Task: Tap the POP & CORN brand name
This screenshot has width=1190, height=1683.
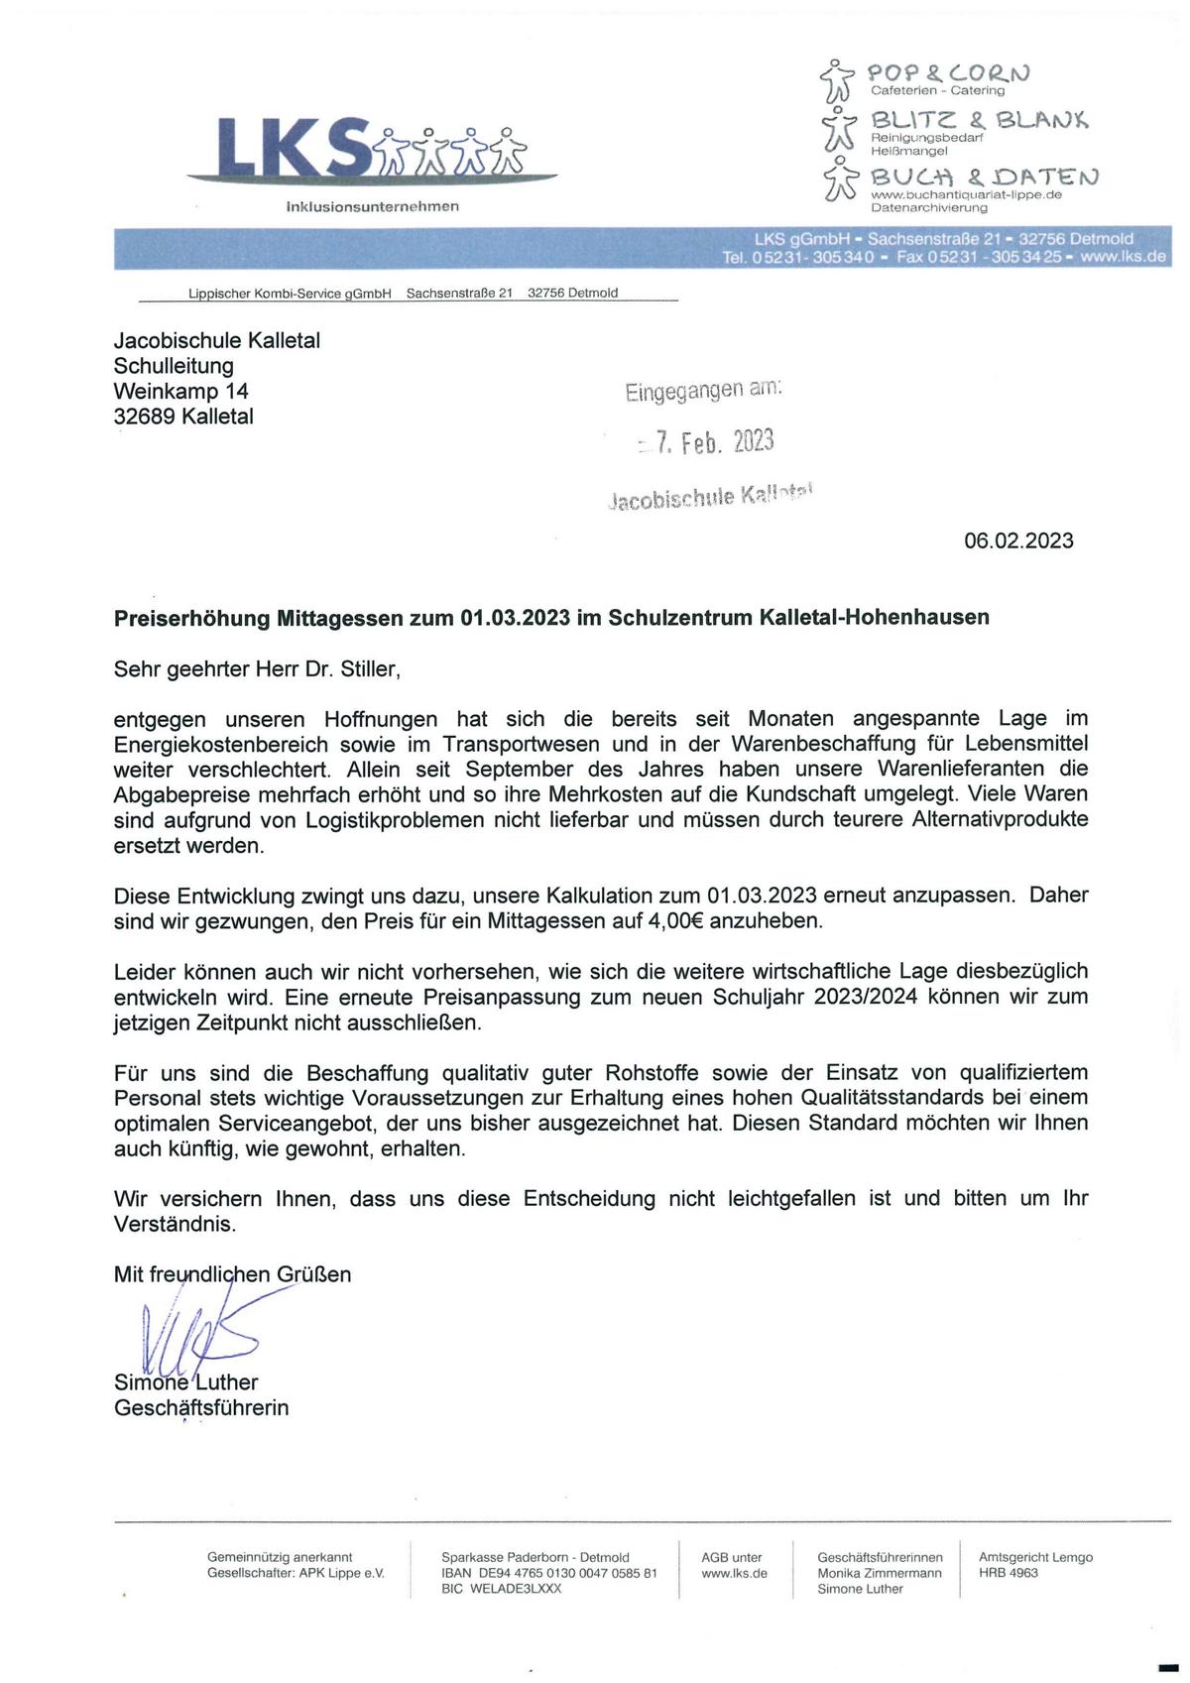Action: tap(949, 72)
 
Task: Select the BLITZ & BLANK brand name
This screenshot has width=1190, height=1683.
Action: tap(979, 120)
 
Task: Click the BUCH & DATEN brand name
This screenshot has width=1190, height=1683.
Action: tap(984, 177)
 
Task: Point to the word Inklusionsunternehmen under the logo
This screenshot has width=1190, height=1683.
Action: tap(372, 206)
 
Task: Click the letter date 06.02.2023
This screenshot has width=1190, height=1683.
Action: tap(1018, 541)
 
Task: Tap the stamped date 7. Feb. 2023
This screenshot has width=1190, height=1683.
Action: tap(714, 442)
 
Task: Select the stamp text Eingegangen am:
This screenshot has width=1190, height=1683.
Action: tap(703, 390)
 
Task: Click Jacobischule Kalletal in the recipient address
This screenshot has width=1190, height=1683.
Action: tap(216, 340)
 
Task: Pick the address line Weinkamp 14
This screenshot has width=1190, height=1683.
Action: tap(180, 391)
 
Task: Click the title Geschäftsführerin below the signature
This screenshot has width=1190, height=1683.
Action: tap(201, 1407)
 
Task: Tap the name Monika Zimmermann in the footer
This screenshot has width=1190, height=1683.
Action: tap(880, 1573)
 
